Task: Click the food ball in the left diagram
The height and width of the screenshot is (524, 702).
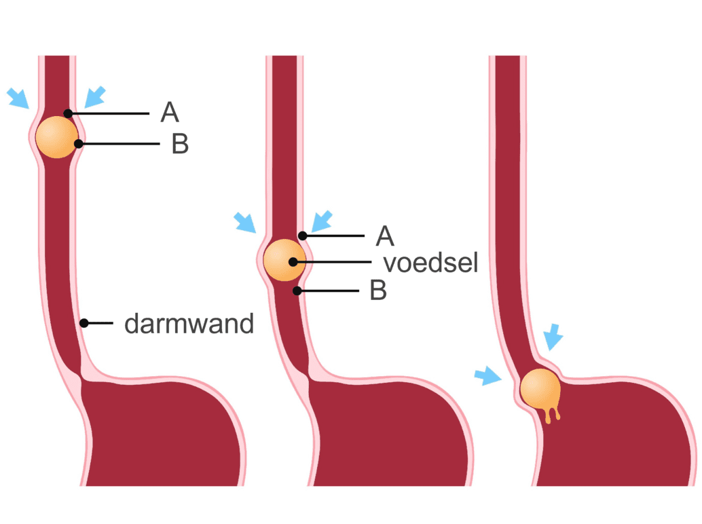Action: (x=56, y=137)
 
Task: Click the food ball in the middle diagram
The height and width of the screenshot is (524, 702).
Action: (x=284, y=261)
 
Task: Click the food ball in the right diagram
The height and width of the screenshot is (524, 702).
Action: (x=540, y=389)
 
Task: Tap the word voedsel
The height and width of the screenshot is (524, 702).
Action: (x=430, y=263)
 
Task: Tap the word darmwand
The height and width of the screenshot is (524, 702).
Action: (x=189, y=324)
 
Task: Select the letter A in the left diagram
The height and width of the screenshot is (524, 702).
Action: (x=170, y=113)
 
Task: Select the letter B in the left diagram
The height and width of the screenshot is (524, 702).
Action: (x=179, y=144)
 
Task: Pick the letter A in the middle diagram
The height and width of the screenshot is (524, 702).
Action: (x=385, y=236)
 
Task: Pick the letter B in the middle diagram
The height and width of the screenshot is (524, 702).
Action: (x=378, y=291)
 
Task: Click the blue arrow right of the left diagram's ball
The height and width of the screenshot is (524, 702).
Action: (x=95, y=96)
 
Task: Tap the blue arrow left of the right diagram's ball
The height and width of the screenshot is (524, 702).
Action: (x=487, y=377)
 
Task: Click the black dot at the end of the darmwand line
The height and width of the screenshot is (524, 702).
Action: (x=84, y=323)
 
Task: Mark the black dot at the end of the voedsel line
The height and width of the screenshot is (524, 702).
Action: (x=293, y=261)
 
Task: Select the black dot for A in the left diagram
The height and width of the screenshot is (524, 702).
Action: (x=67, y=113)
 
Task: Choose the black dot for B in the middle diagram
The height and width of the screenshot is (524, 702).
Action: (x=297, y=291)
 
